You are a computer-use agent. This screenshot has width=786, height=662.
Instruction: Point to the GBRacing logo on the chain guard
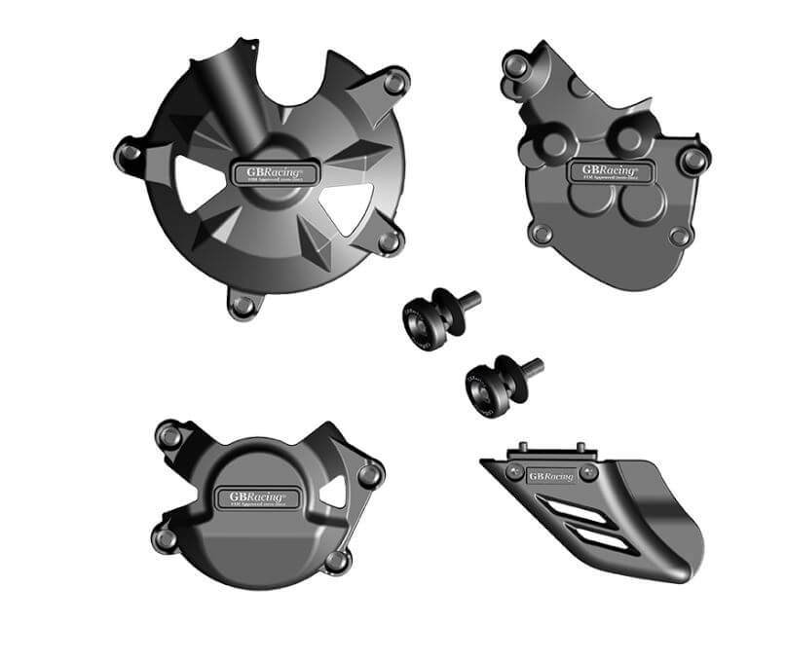[550, 476]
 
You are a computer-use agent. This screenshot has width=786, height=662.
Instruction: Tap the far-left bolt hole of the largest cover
[129, 153]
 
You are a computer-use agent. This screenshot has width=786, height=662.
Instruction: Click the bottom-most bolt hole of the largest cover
[243, 305]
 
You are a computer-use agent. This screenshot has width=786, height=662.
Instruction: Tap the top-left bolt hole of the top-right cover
[517, 65]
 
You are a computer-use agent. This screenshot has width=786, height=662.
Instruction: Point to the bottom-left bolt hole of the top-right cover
[542, 234]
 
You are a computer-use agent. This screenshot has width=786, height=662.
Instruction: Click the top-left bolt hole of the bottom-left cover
[170, 436]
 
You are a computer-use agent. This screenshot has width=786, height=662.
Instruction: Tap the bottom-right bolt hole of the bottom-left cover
[336, 561]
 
